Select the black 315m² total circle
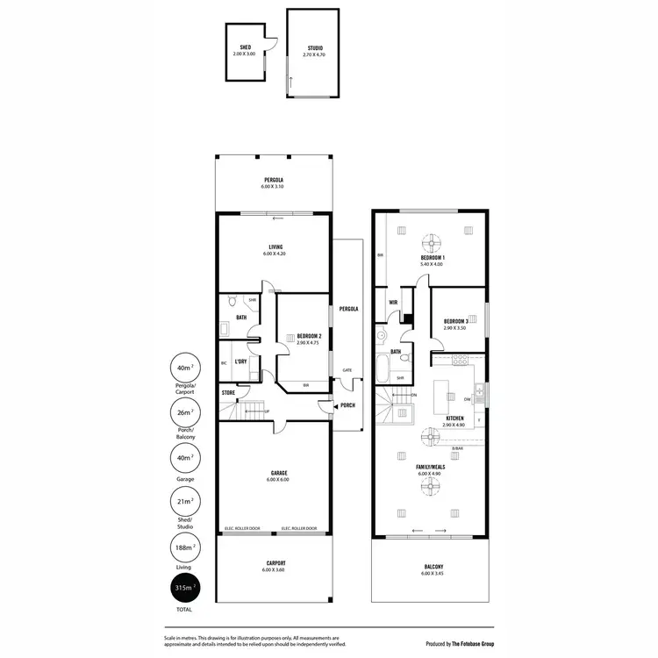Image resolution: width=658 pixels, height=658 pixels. (x=184, y=587)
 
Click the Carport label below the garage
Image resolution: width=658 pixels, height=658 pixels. (x=275, y=566)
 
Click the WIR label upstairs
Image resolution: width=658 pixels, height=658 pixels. (x=393, y=304)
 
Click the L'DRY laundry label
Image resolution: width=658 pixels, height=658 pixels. (x=240, y=361)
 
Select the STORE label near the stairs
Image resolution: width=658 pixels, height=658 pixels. (x=228, y=392)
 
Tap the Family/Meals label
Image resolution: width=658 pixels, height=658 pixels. (x=431, y=467)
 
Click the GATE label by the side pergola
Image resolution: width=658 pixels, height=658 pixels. (x=347, y=369)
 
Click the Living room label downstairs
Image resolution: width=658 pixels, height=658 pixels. (x=275, y=249)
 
